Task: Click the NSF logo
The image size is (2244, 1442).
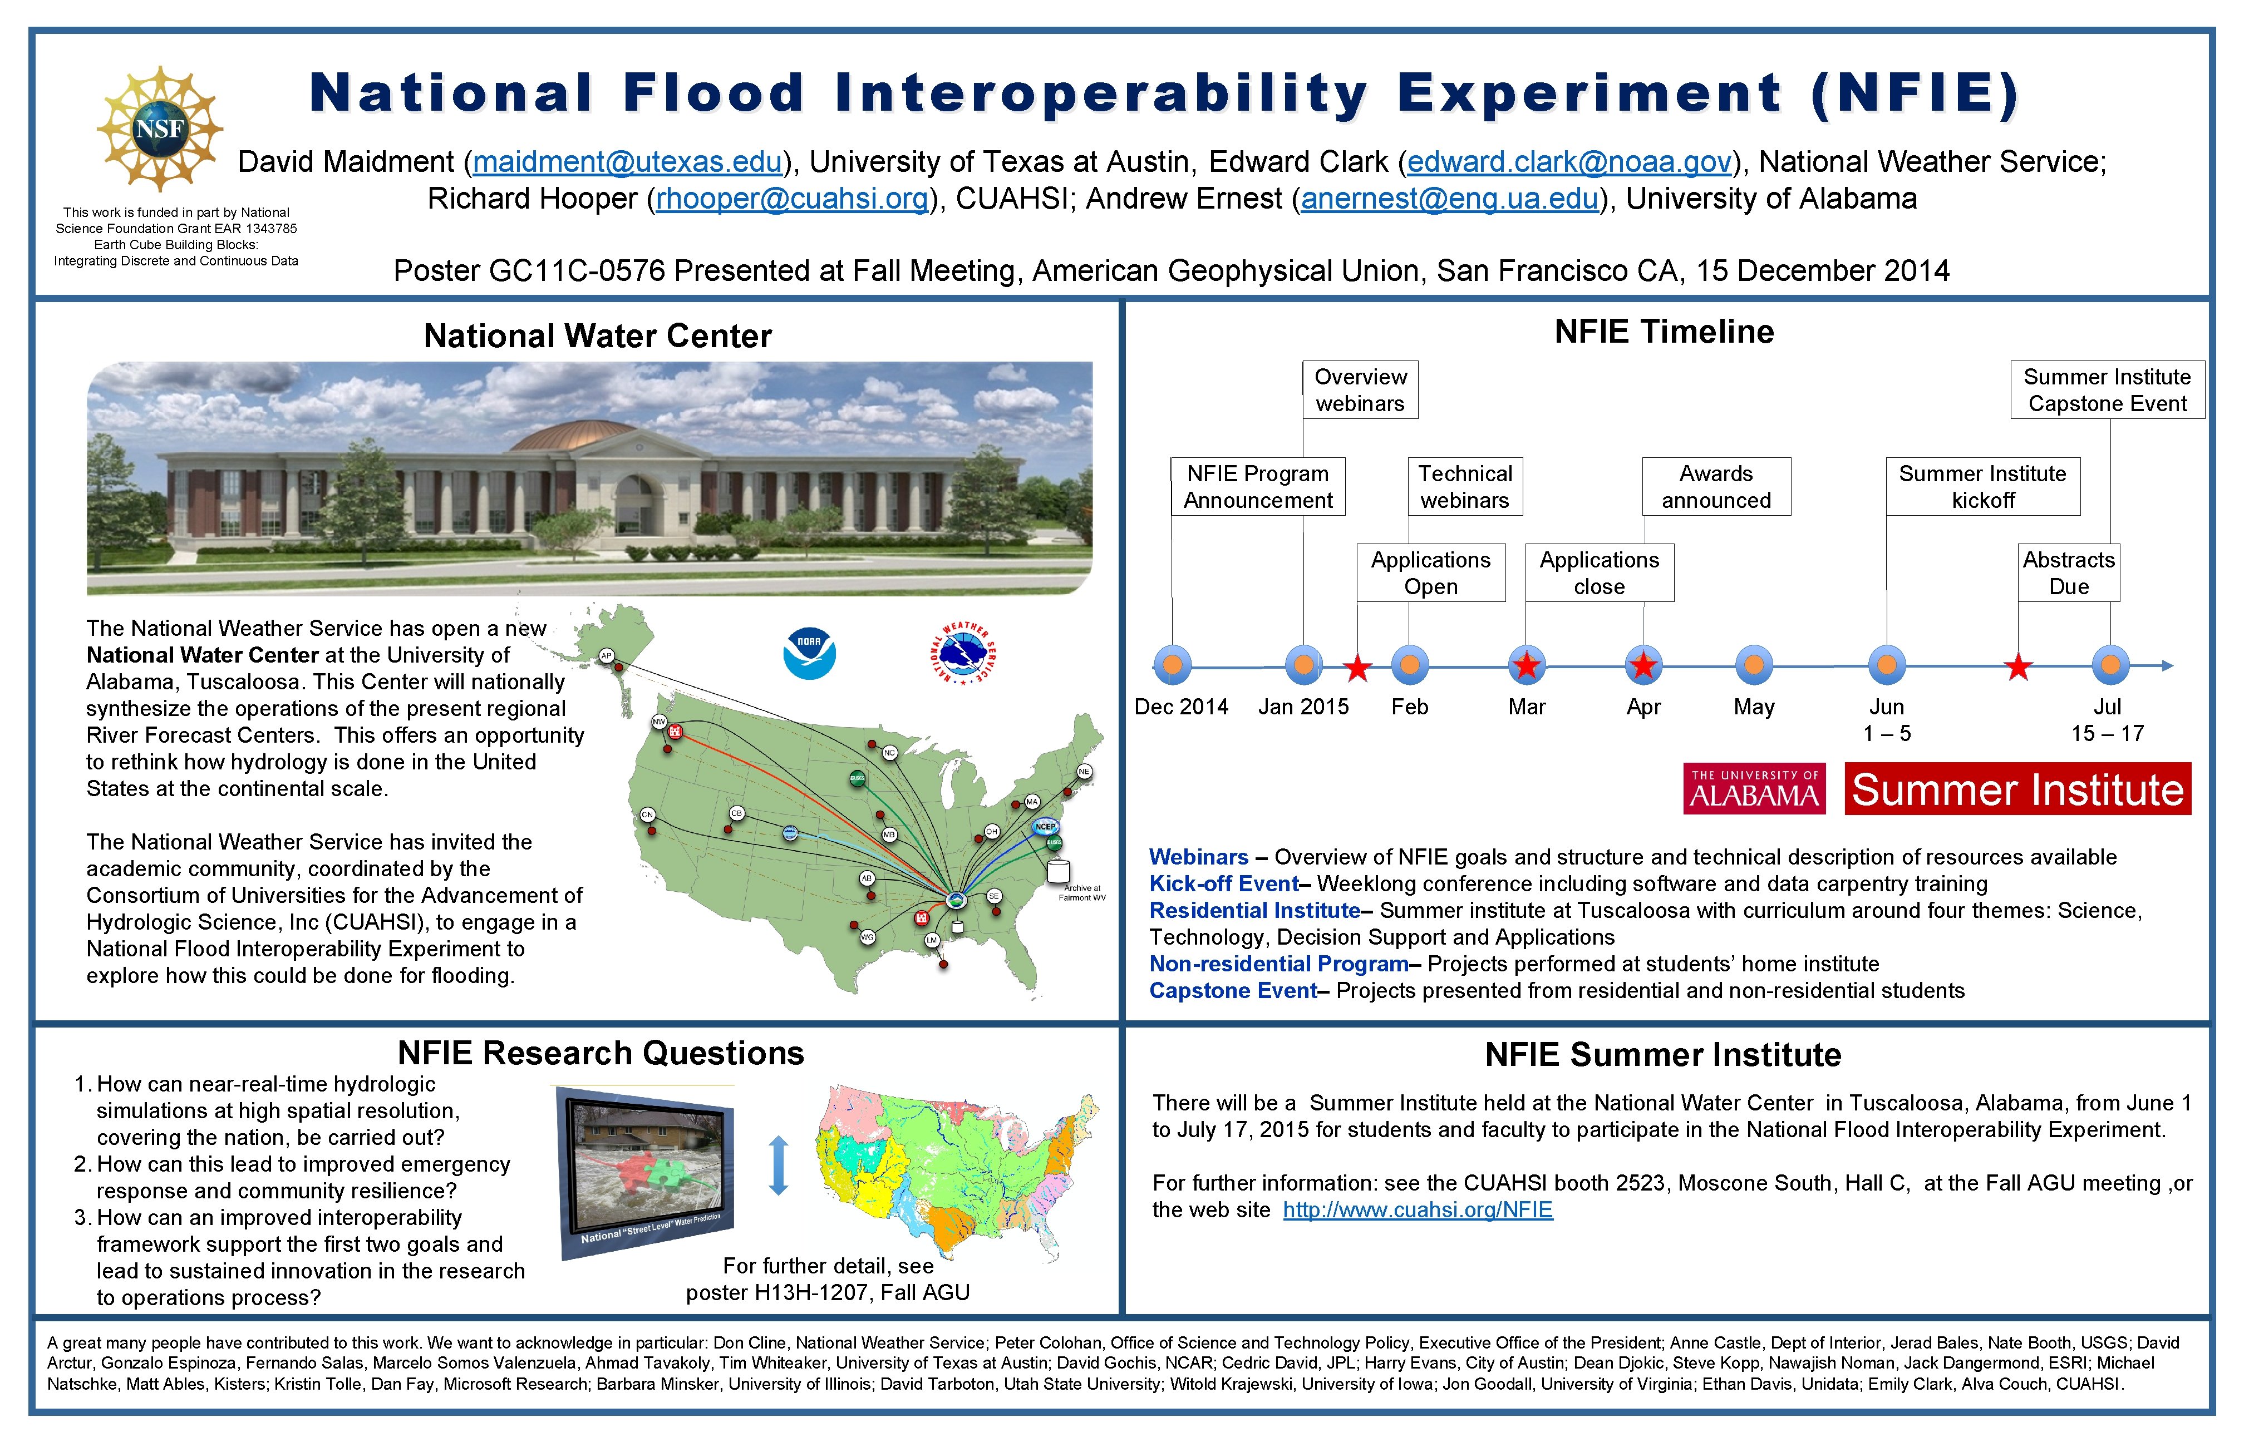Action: coord(159,129)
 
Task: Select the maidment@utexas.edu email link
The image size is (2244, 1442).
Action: coord(627,162)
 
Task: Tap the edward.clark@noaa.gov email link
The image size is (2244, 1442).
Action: coord(1569,162)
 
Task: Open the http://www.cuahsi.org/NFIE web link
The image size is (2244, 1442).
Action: coord(1417,1210)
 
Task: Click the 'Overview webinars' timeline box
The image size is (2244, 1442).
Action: coord(1360,389)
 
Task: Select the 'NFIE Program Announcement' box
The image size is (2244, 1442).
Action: coord(1258,486)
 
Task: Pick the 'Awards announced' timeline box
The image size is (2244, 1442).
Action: coord(1716,486)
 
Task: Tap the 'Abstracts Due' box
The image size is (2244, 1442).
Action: coord(2068,572)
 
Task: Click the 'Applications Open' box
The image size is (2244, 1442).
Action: coord(1430,572)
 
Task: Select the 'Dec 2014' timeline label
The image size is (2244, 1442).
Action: coord(1181,707)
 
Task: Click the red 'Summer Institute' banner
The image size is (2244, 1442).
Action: coord(2017,788)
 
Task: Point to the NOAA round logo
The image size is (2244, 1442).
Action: coord(809,653)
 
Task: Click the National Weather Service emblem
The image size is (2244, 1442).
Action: coord(963,653)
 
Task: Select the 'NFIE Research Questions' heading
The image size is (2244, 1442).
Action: coord(601,1054)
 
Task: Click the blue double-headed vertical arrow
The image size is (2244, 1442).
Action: coord(778,1165)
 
